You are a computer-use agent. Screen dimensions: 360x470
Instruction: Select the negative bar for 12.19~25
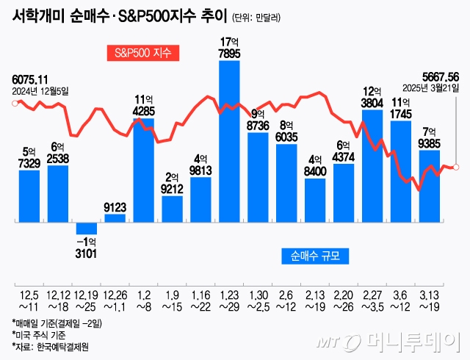tap(87, 228)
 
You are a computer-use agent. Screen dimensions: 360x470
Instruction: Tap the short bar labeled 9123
tap(115, 217)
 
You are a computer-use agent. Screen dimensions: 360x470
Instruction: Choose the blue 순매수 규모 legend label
tap(315, 256)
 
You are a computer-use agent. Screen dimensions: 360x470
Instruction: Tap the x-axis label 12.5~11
tap(29, 300)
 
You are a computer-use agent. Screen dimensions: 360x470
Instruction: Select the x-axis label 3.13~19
tap(430, 300)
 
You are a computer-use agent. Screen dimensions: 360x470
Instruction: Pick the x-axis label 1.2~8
tap(144, 300)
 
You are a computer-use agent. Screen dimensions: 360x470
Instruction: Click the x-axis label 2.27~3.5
tap(372, 300)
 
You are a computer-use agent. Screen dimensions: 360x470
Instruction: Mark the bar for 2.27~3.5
tap(372, 165)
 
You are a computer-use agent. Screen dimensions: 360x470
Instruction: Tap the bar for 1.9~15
tap(172, 208)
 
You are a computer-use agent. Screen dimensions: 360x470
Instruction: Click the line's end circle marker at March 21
tap(458, 168)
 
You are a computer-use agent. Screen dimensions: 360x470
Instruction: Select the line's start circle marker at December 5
tap(14, 104)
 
